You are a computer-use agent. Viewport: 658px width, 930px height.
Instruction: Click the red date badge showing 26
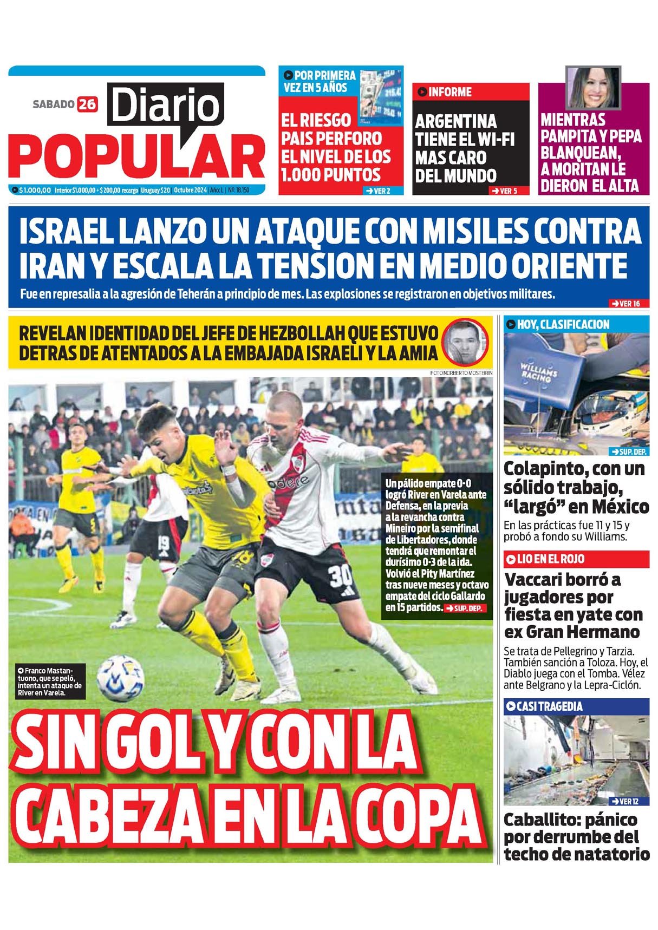(87, 103)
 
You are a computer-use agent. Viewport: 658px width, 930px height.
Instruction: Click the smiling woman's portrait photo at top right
(593, 87)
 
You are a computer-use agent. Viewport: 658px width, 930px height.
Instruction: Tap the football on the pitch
(120, 678)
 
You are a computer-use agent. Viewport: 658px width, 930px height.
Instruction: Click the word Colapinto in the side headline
(547, 468)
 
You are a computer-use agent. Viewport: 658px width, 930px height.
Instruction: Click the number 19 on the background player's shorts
(164, 542)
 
